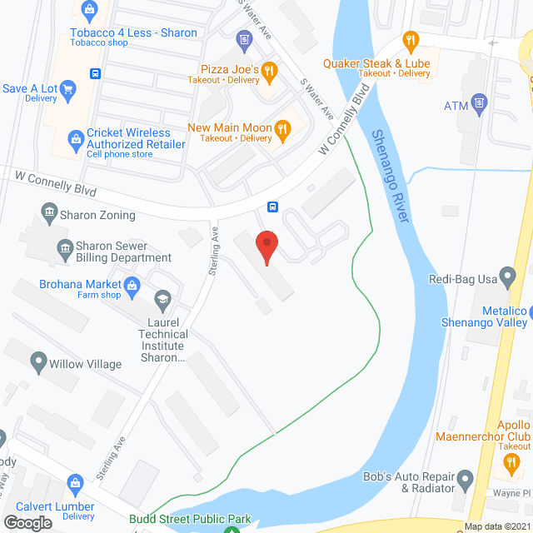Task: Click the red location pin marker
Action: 266,247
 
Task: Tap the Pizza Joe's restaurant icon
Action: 268,72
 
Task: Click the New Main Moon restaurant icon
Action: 283,127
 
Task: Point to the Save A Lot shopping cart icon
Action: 68,89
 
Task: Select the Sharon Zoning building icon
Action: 49,214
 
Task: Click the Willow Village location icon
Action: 37,363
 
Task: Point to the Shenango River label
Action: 392,175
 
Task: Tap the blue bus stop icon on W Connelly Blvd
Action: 271,207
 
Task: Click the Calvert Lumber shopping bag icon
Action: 75,483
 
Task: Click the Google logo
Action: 27,522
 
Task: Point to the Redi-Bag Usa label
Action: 462,279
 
